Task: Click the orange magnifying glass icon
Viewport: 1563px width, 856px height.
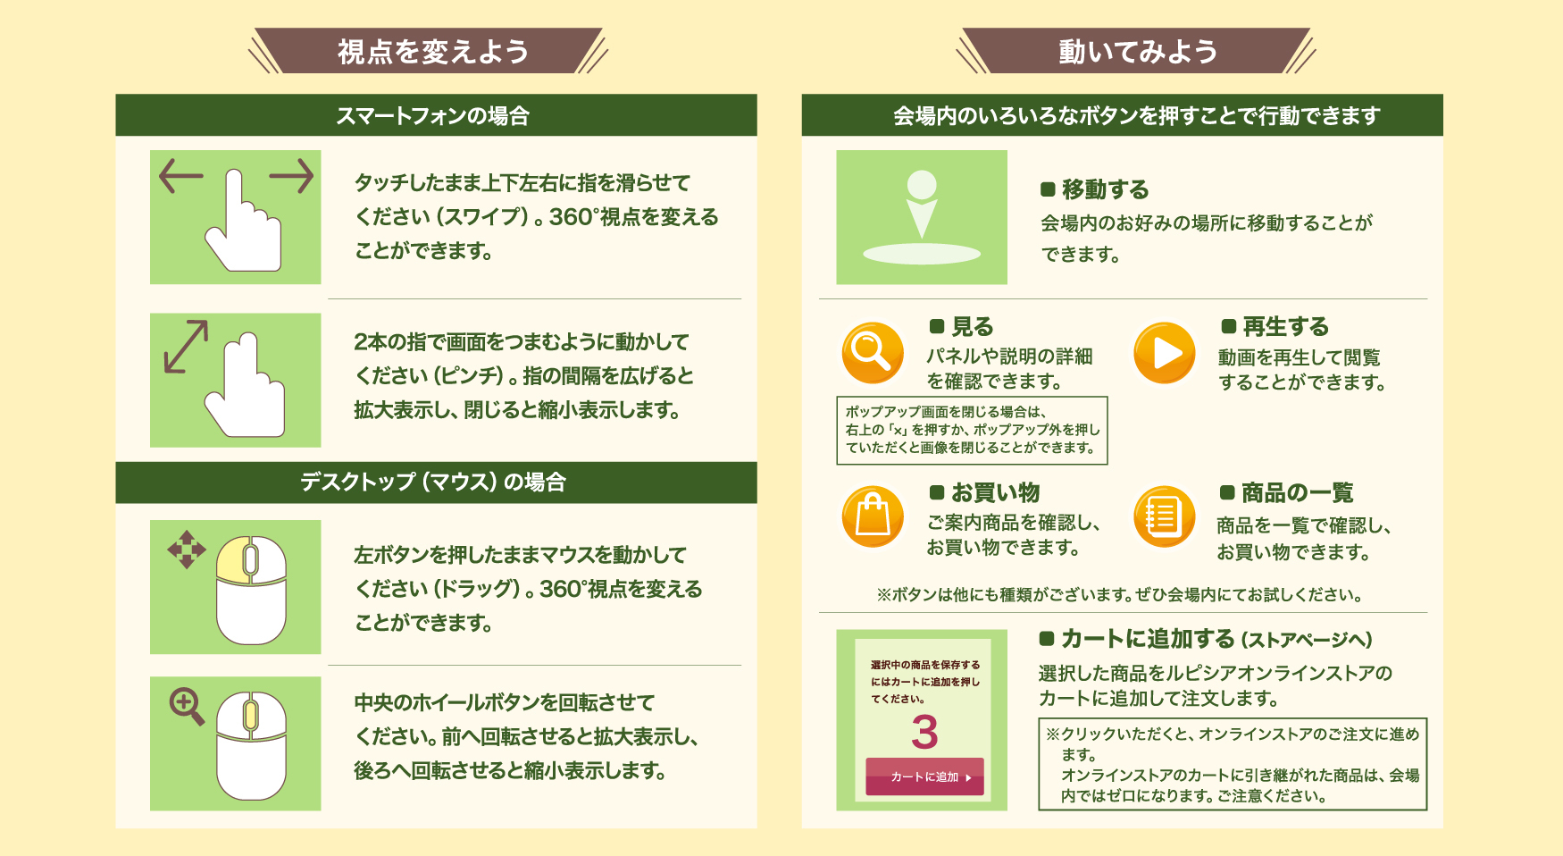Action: (x=873, y=352)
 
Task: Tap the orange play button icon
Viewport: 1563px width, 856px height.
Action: (x=1164, y=353)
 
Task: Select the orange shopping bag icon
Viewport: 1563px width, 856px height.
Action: (x=873, y=516)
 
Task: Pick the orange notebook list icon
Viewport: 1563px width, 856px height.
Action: (x=1164, y=516)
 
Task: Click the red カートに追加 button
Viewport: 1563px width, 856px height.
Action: (x=924, y=776)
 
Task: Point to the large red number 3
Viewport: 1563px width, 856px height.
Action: (x=924, y=733)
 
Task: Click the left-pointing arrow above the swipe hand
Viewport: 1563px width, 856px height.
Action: (x=180, y=176)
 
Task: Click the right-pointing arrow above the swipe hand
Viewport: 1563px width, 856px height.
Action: (x=291, y=176)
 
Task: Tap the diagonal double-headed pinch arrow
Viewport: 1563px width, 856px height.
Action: (x=186, y=346)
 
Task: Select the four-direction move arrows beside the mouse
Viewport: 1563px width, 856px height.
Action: (x=187, y=550)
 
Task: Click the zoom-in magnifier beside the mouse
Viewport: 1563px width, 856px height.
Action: (x=188, y=706)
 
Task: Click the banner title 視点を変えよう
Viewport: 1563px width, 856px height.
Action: (x=433, y=52)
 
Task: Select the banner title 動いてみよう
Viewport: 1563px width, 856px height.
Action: (x=1138, y=52)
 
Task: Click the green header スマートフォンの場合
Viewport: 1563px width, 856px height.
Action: (x=433, y=115)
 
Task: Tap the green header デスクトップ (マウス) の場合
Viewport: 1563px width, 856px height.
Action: (x=433, y=483)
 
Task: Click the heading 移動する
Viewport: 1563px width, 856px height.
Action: (x=1105, y=189)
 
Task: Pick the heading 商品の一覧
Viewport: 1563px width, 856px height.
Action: (x=1297, y=492)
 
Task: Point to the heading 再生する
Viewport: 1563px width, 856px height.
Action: (x=1285, y=326)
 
